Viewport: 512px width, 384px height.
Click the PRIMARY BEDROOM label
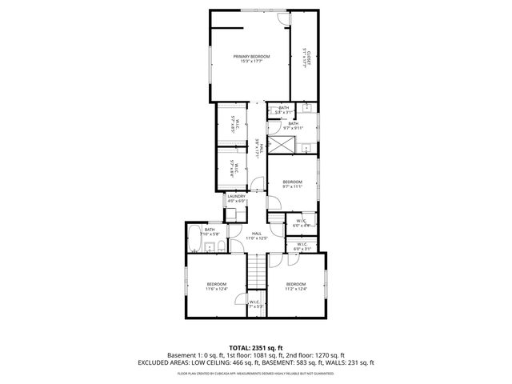(251, 56)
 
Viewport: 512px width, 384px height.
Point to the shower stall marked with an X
(280, 145)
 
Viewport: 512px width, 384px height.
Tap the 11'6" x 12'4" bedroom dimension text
(218, 288)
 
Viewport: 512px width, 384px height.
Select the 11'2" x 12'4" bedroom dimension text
(296, 288)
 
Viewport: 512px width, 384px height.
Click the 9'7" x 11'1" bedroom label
(292, 182)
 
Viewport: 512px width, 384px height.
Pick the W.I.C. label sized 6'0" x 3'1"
(301, 246)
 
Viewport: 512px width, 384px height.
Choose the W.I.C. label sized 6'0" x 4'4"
(301, 223)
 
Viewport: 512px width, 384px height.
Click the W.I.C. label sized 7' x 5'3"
(255, 304)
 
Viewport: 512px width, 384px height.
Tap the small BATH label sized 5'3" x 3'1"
(284, 110)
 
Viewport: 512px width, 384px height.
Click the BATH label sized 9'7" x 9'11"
(293, 125)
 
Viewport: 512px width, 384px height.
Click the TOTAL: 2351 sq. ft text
(255, 348)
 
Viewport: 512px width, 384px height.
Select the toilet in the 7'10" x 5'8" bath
(215, 247)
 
